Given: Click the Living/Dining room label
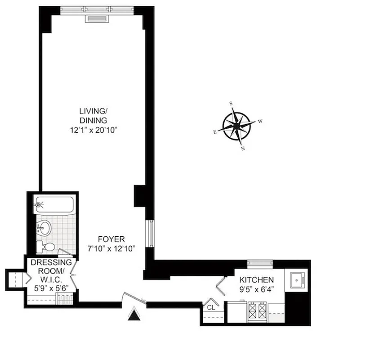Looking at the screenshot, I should pos(94,116).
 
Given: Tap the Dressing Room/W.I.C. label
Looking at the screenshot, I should pos(50,270).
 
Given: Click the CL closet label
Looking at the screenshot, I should pos(211,307).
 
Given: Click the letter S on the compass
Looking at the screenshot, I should pos(231,103).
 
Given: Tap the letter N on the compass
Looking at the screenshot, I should pos(243,148).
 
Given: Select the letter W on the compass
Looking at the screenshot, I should pos(260,121).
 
